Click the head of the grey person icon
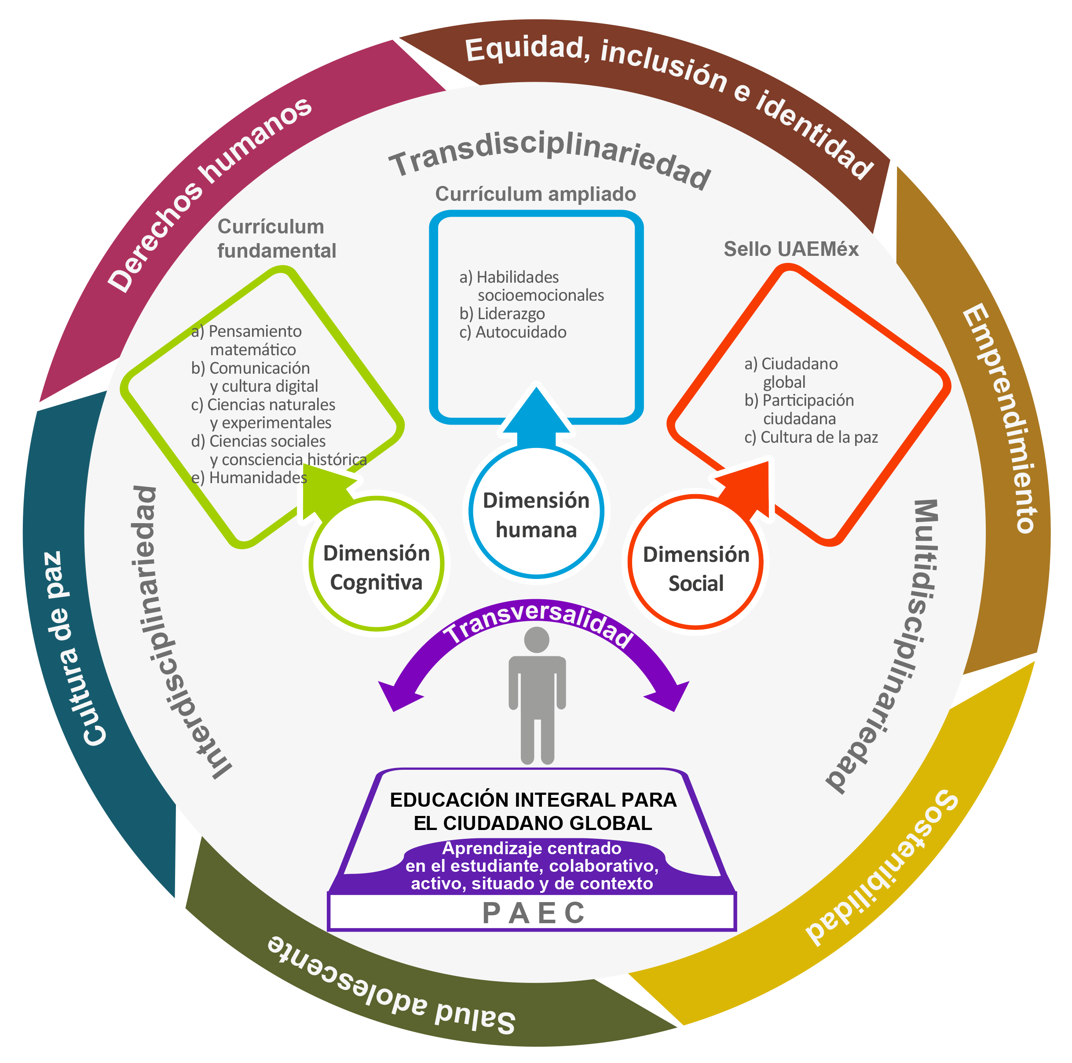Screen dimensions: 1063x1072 537,640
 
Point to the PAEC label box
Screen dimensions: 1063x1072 533,913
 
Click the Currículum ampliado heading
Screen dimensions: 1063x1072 535,194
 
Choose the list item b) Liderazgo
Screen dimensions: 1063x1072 502,314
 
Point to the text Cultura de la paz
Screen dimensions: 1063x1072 811,437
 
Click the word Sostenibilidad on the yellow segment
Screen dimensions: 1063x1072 882,870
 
